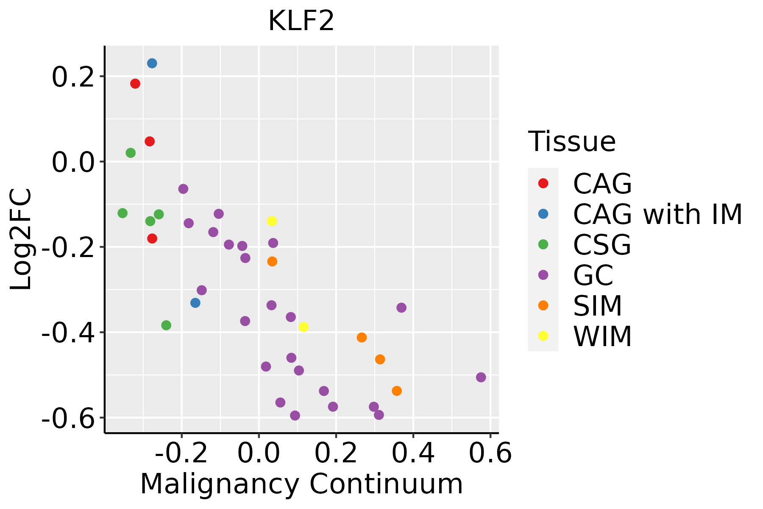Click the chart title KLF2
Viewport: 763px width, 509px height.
[301, 21]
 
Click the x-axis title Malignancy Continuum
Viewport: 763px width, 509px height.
[301, 484]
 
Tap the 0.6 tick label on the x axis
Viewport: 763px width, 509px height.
[490, 453]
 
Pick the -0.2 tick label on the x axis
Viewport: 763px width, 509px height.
[181, 453]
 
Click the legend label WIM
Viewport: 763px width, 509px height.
[602, 336]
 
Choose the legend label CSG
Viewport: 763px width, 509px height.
[602, 245]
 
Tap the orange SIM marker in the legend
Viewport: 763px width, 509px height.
[543, 305]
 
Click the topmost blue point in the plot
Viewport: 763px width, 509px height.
[152, 63]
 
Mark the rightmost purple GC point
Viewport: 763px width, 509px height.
[481, 378]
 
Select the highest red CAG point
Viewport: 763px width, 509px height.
[135, 84]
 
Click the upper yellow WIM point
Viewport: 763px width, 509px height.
[272, 221]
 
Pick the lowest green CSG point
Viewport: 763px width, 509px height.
[166, 325]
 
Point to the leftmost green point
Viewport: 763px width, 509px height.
[123, 213]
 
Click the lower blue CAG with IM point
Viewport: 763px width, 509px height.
[195, 303]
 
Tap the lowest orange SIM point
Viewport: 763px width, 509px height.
[397, 391]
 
